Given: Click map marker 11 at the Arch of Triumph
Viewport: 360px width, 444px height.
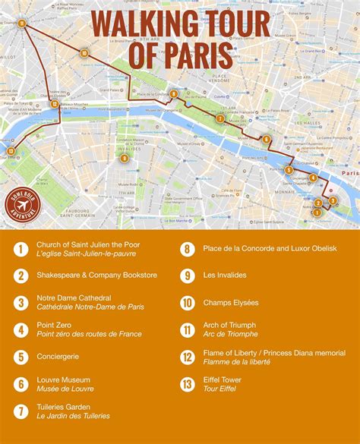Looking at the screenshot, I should click(x=22, y=24).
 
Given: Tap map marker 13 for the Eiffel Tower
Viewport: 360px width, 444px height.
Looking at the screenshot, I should click(x=10, y=151).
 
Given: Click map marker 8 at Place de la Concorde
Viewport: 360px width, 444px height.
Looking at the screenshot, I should click(x=174, y=94).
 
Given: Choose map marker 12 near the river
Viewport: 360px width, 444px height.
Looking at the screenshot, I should click(x=54, y=104).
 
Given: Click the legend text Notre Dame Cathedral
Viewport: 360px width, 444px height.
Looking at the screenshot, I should click(x=74, y=298).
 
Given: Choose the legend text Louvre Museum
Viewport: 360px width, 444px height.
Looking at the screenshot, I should click(x=63, y=379).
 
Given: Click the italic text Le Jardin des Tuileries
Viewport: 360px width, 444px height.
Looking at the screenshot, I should click(x=73, y=416).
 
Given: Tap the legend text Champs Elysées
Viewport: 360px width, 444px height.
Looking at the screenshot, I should click(x=231, y=303).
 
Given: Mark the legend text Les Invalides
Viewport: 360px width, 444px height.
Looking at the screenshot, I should click(x=225, y=276).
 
